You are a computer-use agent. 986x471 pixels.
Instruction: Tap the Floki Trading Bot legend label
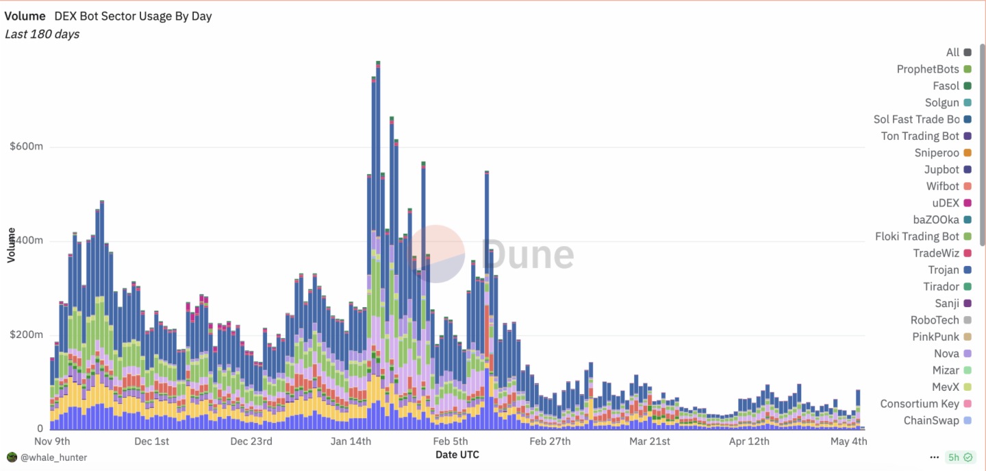coord(917,237)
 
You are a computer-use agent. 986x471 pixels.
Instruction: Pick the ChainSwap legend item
coord(931,420)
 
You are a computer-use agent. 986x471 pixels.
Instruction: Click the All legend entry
coord(952,52)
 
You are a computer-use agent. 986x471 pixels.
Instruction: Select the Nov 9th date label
coord(52,441)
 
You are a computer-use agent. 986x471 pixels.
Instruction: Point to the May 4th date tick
coord(848,441)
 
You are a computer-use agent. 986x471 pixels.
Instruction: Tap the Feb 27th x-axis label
coord(550,441)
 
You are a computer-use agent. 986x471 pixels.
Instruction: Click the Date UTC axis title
coord(457,455)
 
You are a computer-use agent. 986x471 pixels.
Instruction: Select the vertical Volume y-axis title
coord(11,245)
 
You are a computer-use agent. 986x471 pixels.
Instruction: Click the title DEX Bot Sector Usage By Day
coord(133,16)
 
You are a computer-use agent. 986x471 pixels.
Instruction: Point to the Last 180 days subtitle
coord(42,34)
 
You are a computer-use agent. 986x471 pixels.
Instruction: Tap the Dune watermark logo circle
coord(438,254)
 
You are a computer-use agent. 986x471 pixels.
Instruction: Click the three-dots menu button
coord(934,457)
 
